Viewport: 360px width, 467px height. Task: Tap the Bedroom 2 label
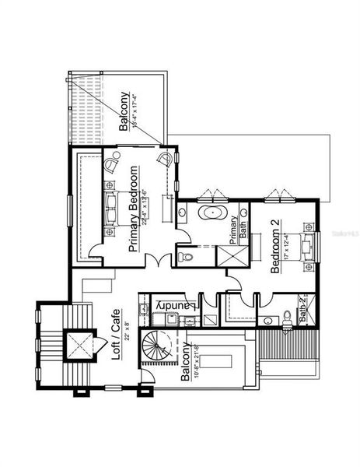coord(275,247)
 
